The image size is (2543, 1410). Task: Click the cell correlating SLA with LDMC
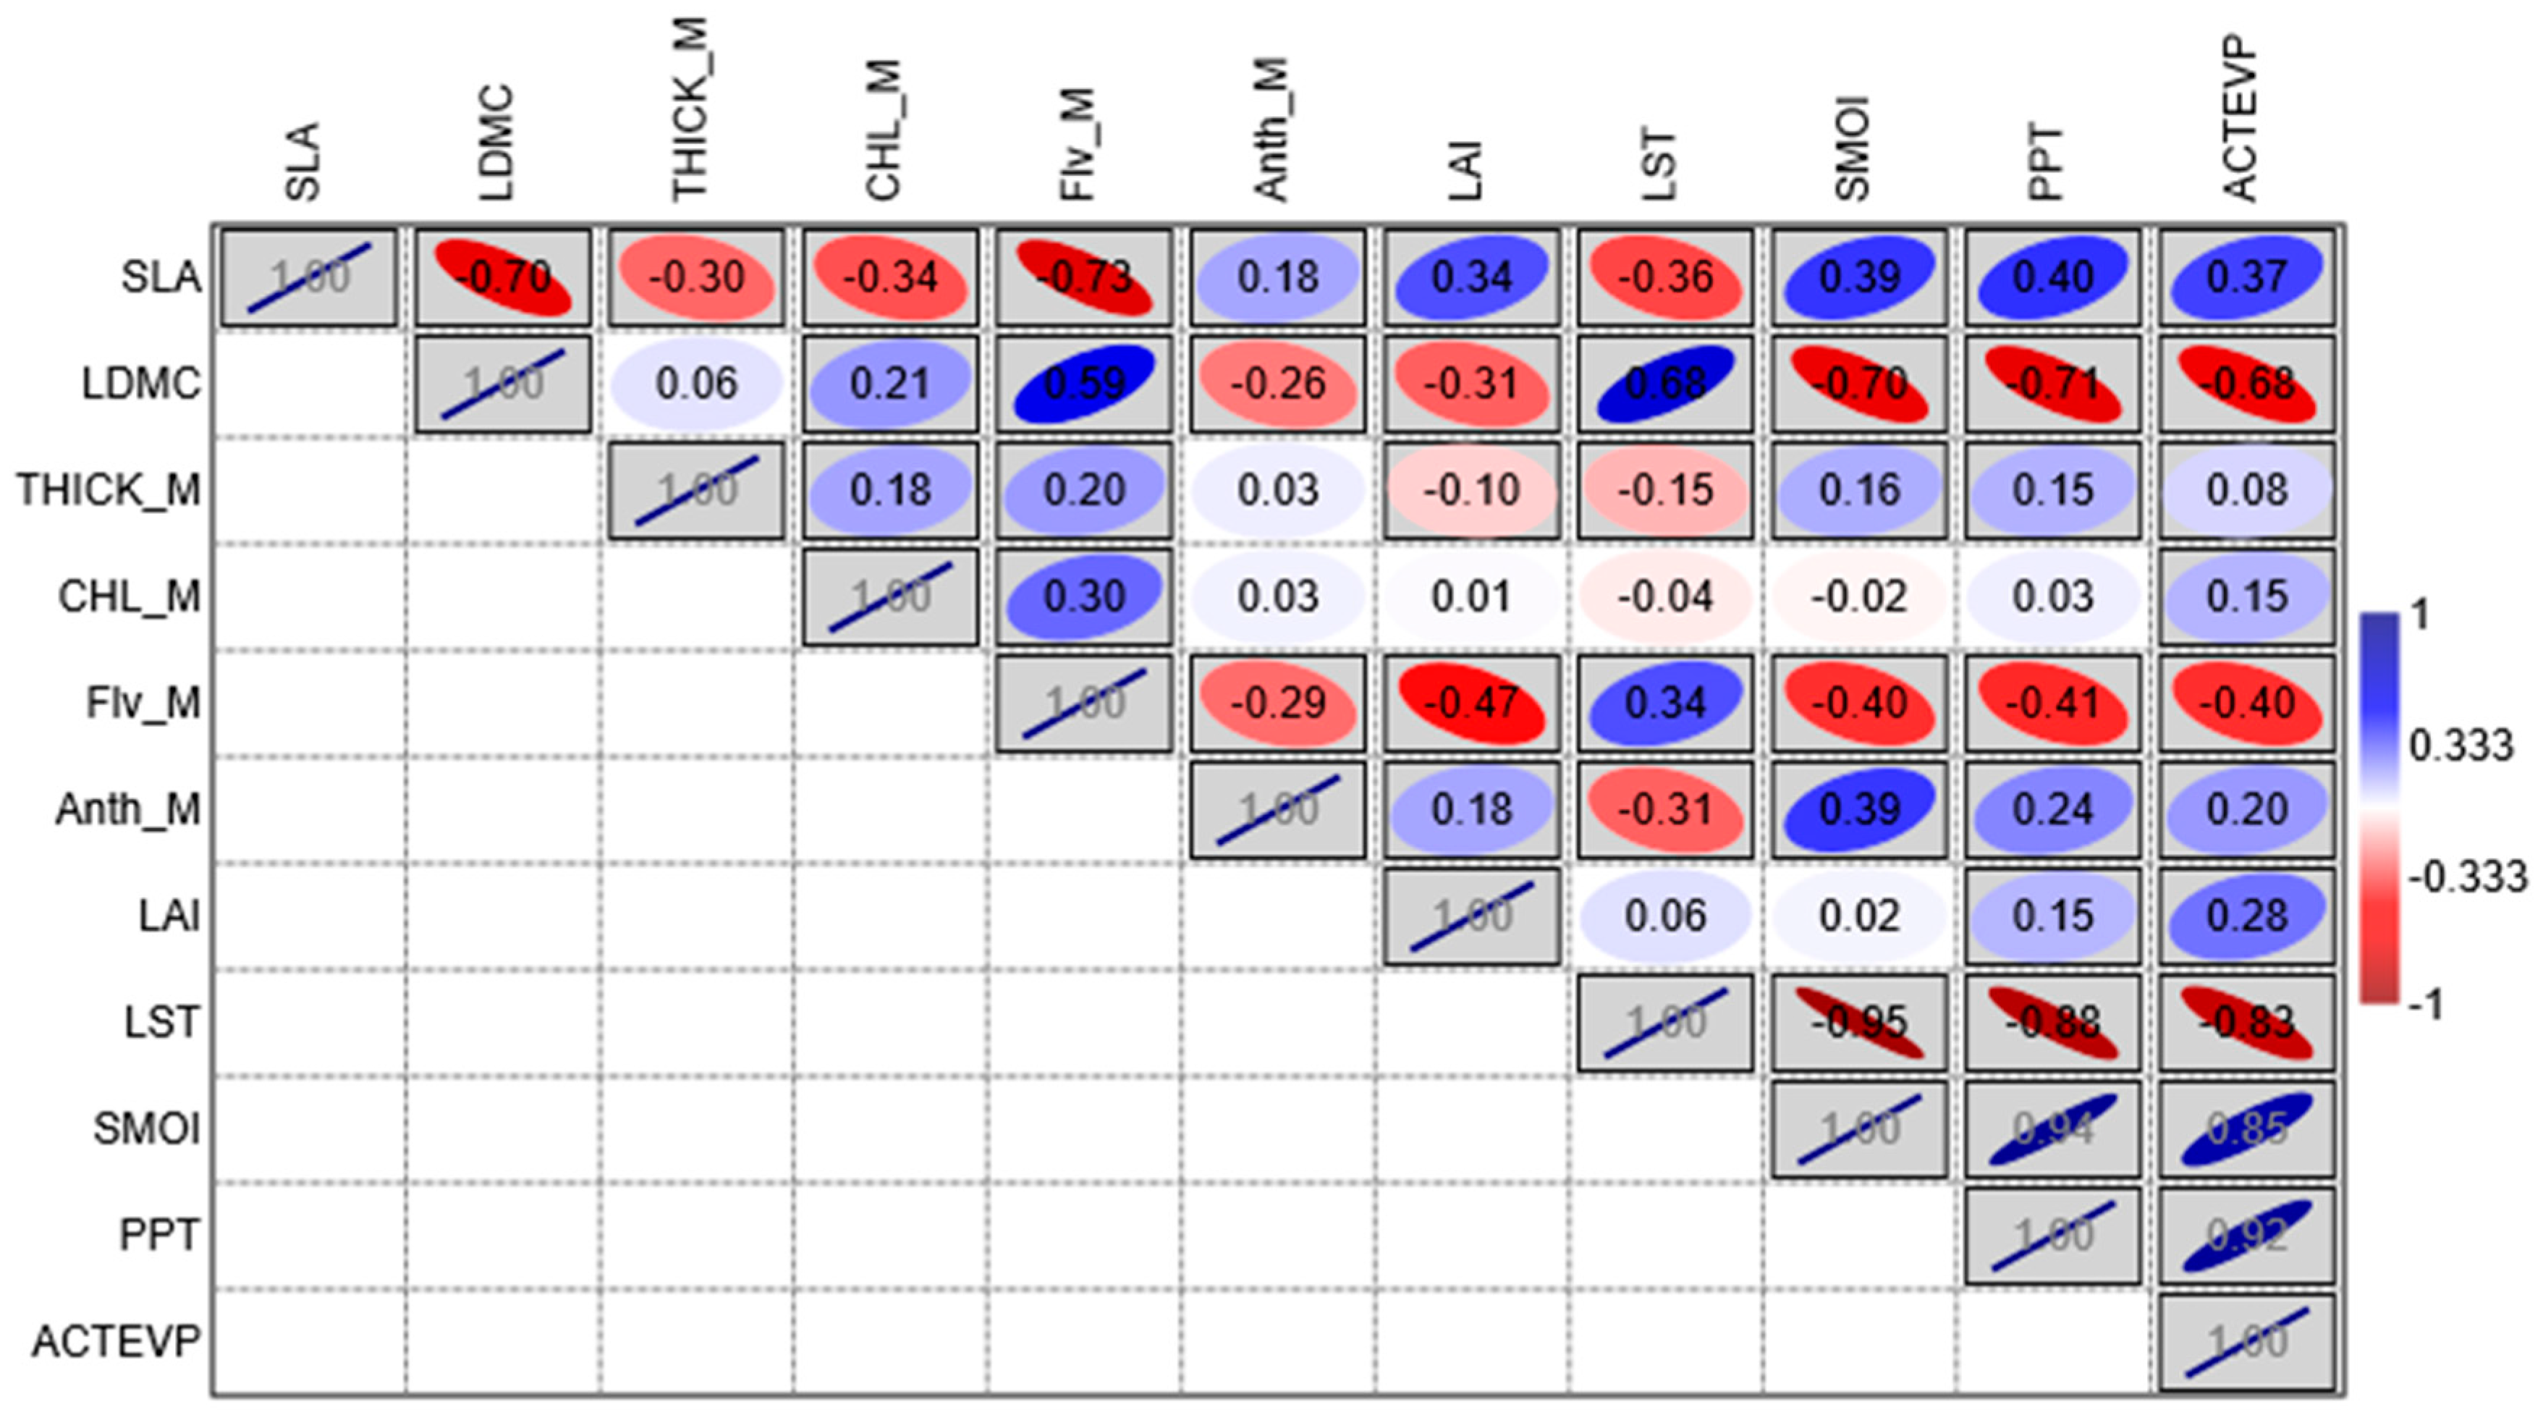coord(502,276)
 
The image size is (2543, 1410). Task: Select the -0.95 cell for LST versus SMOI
coord(1859,1022)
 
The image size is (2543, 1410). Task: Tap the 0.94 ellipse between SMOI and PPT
coord(2052,1128)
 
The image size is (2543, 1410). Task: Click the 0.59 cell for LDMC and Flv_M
coord(1084,383)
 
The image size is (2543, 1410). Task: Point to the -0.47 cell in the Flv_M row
coord(1472,703)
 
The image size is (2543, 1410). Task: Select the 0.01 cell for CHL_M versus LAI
coord(1472,596)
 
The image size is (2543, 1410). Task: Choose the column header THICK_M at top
coord(690,109)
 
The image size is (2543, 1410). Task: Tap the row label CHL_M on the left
coord(130,596)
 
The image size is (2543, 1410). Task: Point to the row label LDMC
coord(140,383)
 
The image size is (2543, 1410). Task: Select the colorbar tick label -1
coord(2427,1004)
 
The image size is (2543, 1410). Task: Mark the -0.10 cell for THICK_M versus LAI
coord(1472,490)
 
